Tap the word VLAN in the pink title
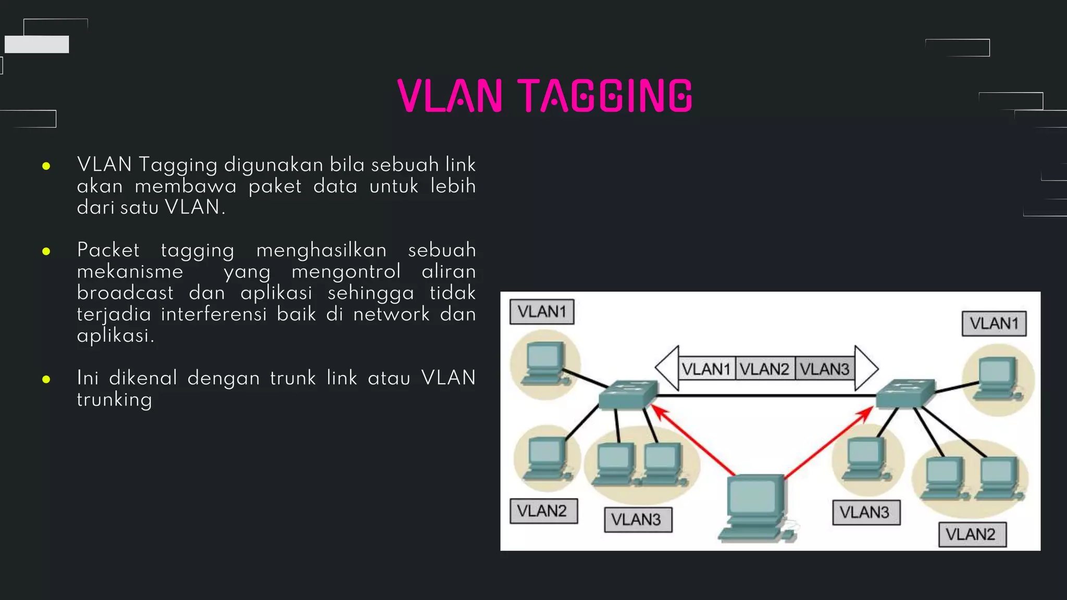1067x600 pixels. click(x=450, y=96)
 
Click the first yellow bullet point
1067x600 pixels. click(x=46, y=166)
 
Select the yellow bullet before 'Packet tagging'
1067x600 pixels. click(x=46, y=252)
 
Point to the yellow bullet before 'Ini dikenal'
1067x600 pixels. click(x=46, y=379)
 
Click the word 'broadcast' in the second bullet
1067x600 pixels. click(x=125, y=293)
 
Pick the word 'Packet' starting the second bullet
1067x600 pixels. click(x=108, y=250)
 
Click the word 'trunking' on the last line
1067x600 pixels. click(x=115, y=399)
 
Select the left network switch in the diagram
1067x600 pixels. click(x=627, y=395)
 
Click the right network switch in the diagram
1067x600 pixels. click(x=905, y=393)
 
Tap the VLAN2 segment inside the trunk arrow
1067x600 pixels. click(x=765, y=369)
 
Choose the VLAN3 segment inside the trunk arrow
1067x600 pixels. click(x=825, y=369)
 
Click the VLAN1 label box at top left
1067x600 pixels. click(x=542, y=311)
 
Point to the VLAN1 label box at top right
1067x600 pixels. click(x=994, y=323)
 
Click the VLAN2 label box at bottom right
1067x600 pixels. click(x=972, y=534)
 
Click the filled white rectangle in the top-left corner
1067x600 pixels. click(x=36, y=44)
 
